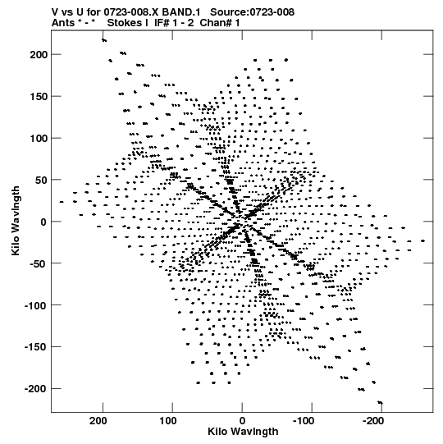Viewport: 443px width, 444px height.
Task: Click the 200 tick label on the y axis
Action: [39, 54]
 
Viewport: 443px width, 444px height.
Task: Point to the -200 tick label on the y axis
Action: [36, 388]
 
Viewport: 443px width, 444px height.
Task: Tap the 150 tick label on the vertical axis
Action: [39, 96]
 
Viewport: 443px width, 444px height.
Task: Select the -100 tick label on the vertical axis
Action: [36, 305]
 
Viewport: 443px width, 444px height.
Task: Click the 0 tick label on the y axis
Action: [43, 222]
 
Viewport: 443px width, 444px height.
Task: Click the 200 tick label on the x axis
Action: [98, 421]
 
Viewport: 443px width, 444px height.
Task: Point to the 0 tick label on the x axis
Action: [242, 421]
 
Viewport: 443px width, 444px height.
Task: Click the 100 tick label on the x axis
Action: [168, 421]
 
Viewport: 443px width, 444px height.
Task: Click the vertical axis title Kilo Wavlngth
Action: [16, 221]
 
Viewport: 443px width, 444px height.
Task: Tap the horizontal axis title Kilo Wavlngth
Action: [243, 431]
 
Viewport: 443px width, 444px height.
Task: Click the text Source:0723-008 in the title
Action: [252, 12]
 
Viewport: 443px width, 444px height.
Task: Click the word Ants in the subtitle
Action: [63, 23]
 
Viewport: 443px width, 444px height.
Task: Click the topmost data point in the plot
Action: [104, 40]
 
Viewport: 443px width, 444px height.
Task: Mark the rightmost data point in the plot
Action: [422, 241]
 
